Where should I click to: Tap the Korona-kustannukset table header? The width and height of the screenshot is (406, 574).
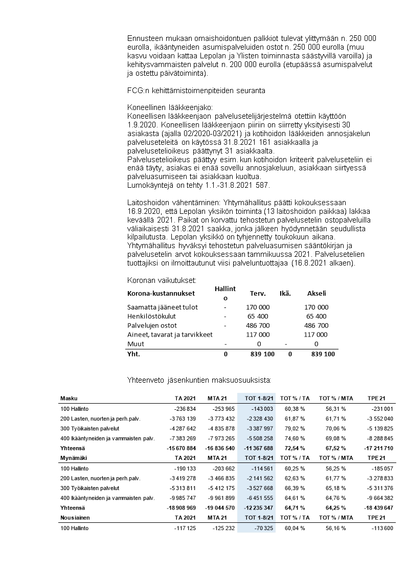tap(161, 294)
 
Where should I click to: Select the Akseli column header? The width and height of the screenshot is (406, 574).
tap(317, 294)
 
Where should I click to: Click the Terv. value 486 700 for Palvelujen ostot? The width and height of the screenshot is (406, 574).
tap(258, 325)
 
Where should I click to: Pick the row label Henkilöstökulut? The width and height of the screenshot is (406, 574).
tap(152, 316)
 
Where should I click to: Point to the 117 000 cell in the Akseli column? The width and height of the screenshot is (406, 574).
tap(317, 335)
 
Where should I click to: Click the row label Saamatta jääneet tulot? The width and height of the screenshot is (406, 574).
tap(162, 307)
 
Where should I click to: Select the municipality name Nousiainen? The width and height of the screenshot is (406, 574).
tap(74, 518)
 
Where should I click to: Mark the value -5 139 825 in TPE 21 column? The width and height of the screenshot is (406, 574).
tap(378, 428)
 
